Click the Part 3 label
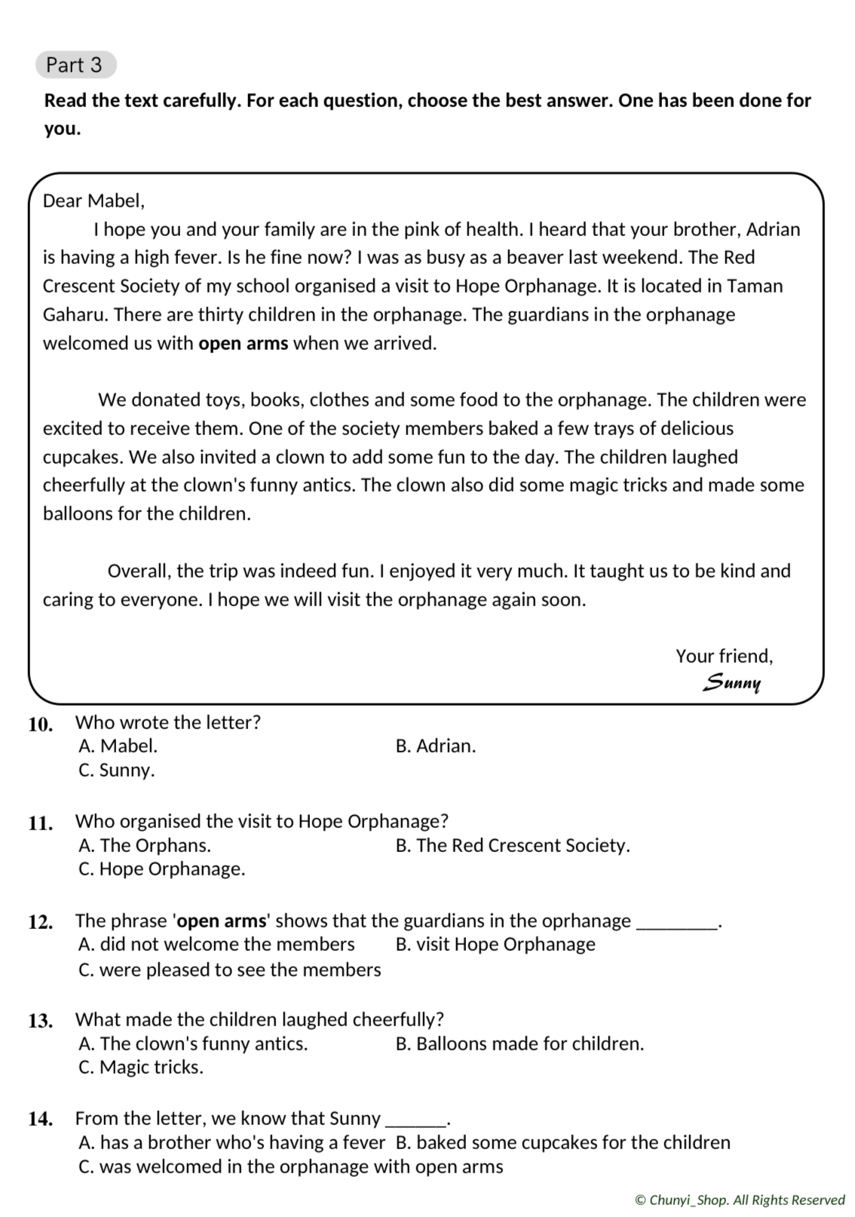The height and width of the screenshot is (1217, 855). coord(75,65)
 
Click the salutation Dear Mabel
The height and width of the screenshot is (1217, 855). coord(93,201)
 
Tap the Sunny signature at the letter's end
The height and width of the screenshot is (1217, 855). coord(731,682)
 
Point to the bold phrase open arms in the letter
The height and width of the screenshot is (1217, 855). coord(243,343)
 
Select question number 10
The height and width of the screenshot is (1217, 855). coord(41,725)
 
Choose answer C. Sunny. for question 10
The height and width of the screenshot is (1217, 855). coord(117,770)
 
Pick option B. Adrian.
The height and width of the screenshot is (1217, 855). coord(436,746)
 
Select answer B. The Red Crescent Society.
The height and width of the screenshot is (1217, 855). coord(513,845)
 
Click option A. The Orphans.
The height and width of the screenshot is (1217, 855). coord(145,845)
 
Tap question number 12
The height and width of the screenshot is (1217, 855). coord(41,922)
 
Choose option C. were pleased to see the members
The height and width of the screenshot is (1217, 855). coord(230,970)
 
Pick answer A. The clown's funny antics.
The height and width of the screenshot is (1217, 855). coord(193,1044)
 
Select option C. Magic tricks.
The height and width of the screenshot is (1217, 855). coord(141,1067)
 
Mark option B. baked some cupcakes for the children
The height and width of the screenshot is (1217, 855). coord(562,1142)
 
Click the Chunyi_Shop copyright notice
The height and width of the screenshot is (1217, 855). coord(740,1200)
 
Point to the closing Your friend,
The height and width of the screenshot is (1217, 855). coord(724,656)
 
